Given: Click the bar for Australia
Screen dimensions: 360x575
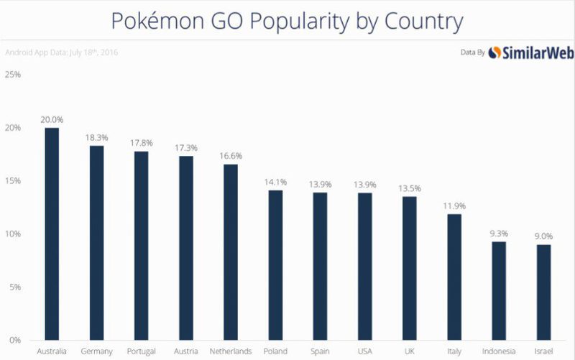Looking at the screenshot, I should click(52, 234).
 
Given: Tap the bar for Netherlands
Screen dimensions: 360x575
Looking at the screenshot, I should click(231, 251).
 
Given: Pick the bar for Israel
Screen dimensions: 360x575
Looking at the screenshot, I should click(545, 292).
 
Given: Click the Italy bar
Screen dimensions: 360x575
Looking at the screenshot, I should click(454, 277).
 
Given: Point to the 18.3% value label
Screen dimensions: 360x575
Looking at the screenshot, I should click(96, 137).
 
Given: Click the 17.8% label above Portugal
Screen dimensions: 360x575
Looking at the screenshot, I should click(141, 142).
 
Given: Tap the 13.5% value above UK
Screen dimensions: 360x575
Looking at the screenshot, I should click(410, 188).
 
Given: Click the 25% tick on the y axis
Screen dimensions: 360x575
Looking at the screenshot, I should click(13, 75).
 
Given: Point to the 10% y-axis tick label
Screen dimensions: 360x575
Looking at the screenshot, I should click(13, 234).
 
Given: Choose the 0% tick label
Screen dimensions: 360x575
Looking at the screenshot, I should click(14, 340).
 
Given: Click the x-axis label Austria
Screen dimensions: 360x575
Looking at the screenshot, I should click(185, 351).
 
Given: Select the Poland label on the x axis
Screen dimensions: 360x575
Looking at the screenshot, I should click(275, 351).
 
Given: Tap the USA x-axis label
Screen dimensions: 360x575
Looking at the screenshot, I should click(365, 351).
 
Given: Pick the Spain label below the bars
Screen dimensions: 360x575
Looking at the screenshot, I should click(321, 351).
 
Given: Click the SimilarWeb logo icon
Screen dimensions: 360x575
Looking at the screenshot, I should click(494, 52).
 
